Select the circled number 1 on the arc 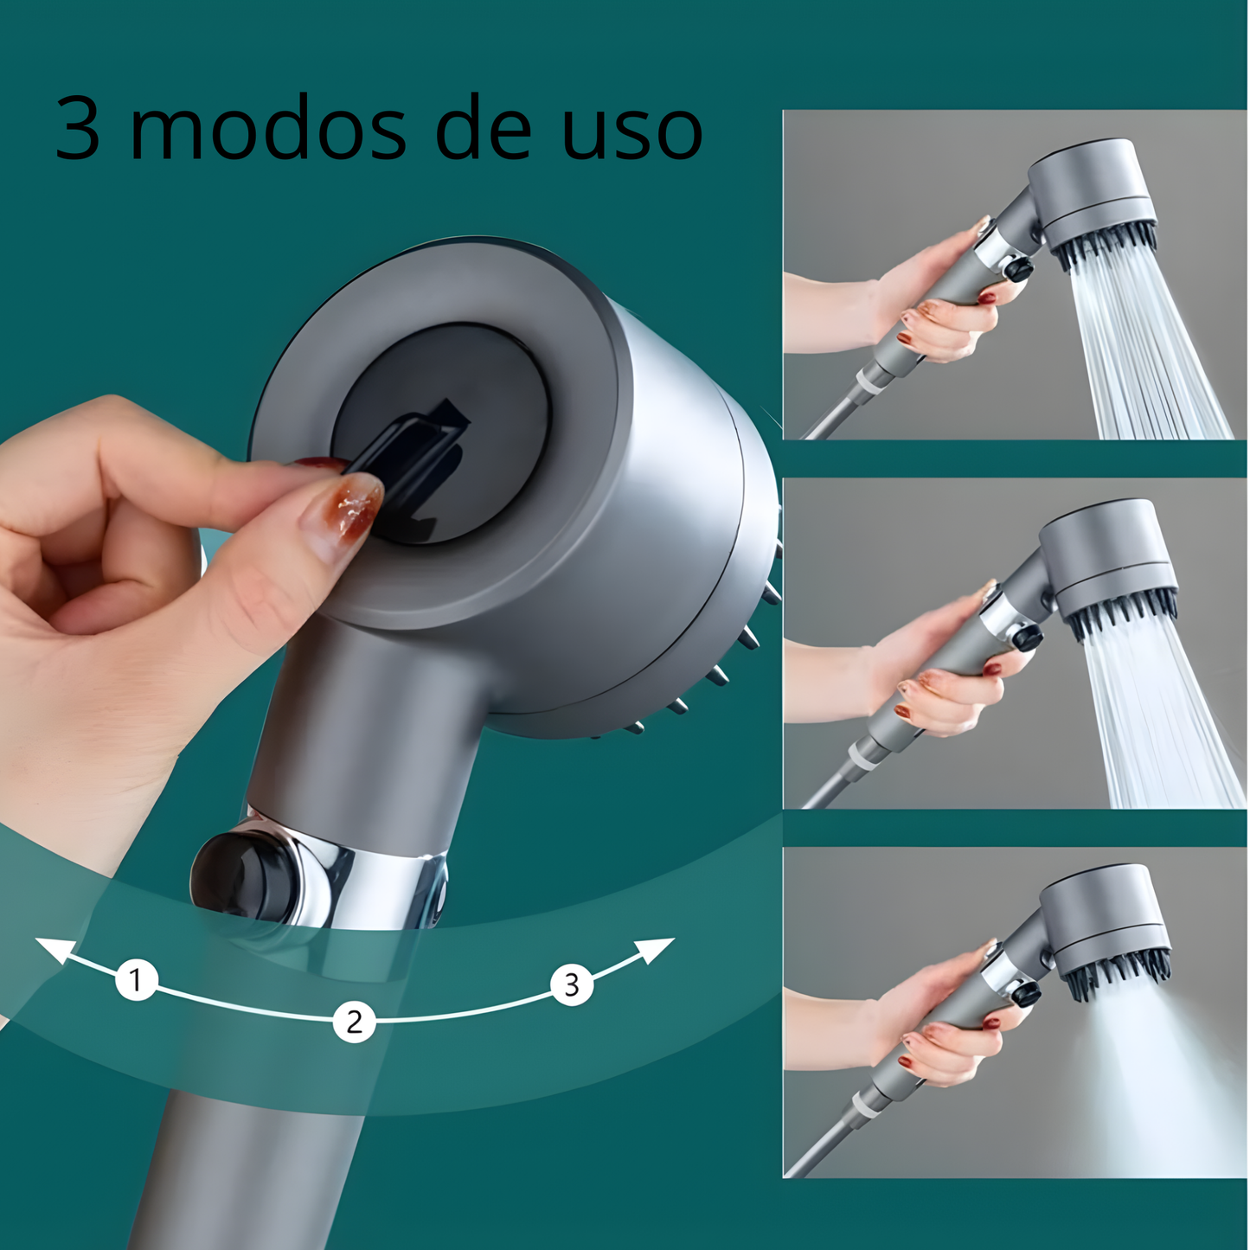(136, 980)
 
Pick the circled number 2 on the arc (354, 1022)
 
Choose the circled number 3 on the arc (572, 984)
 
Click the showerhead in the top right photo (1094, 195)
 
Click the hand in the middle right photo (943, 666)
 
